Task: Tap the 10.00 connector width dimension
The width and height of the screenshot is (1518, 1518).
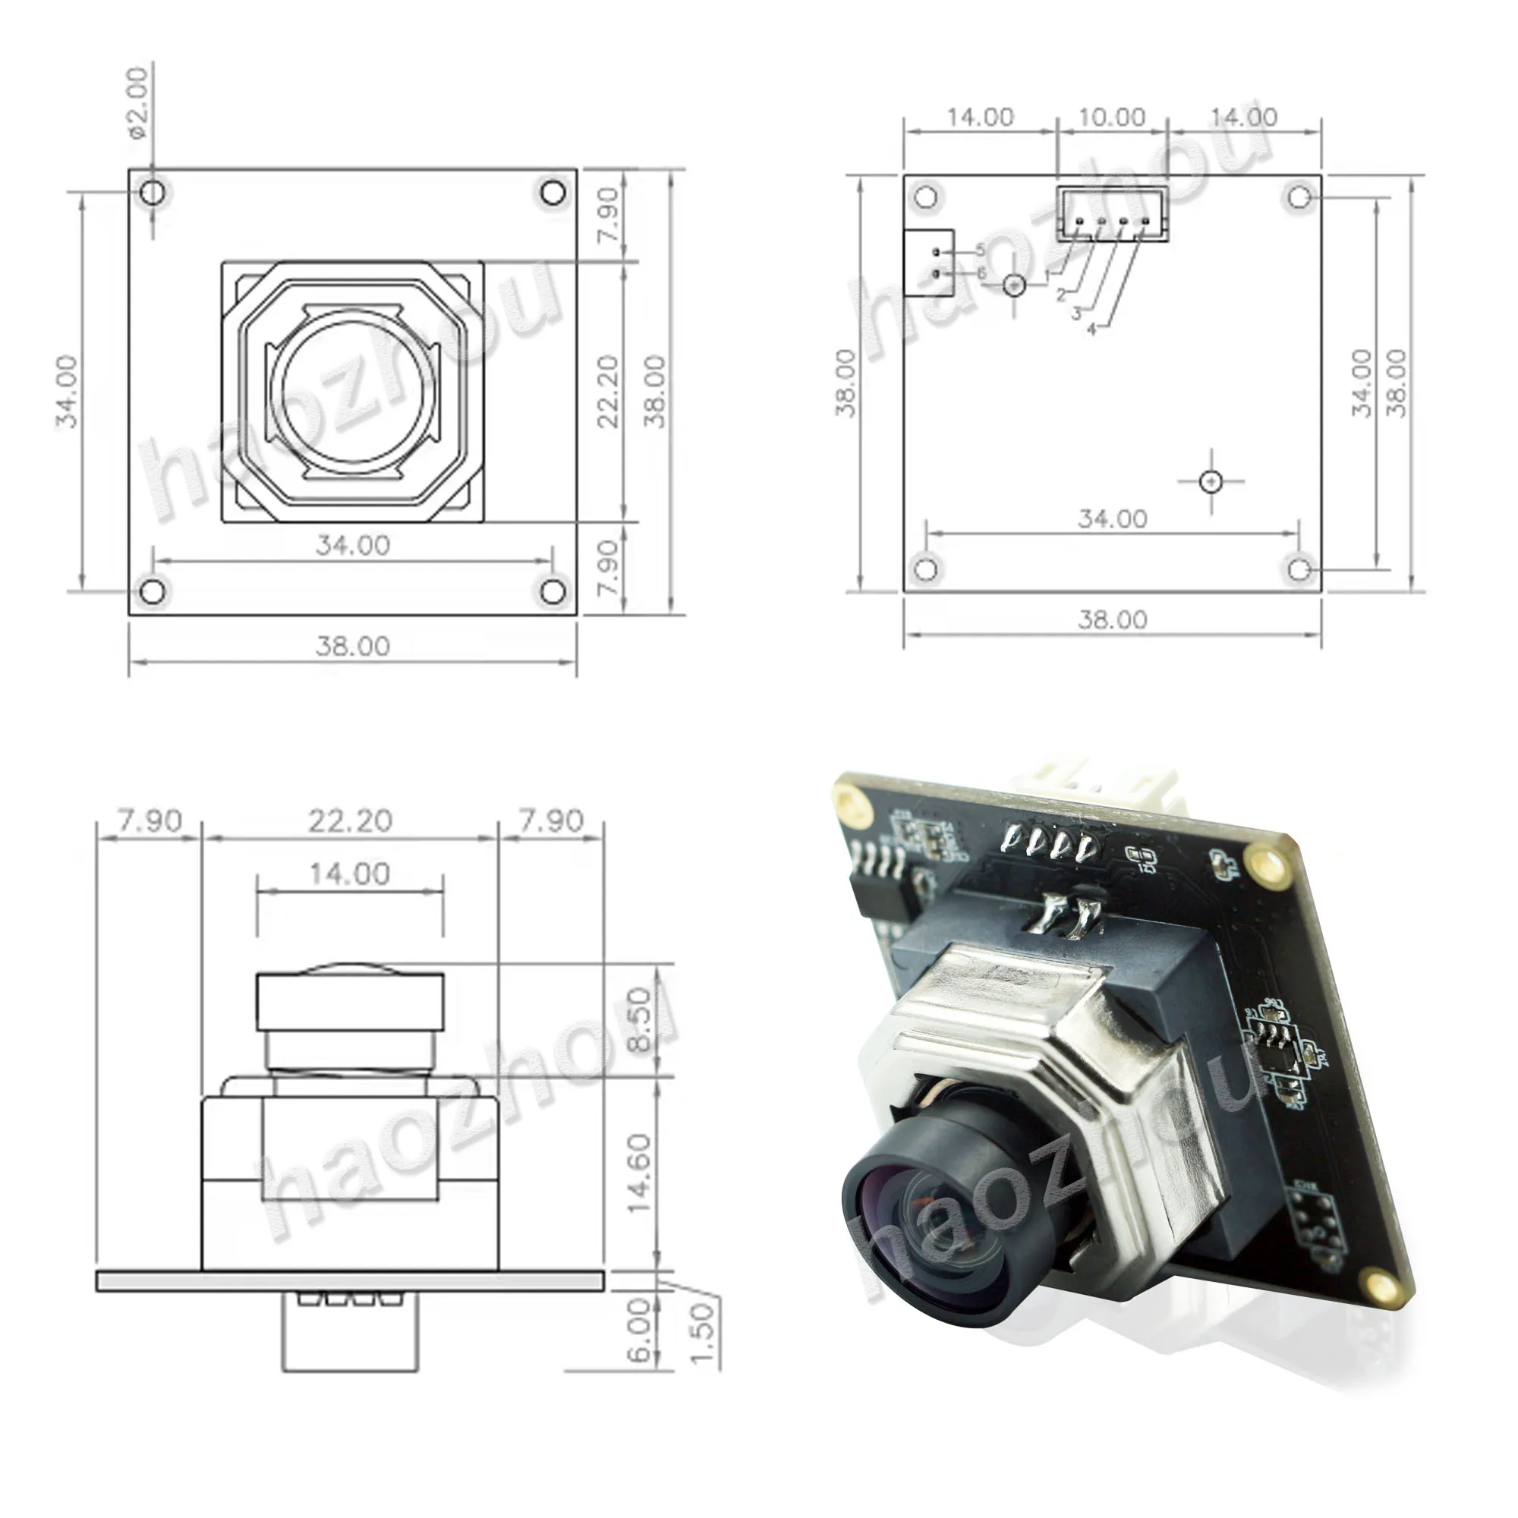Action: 1111,117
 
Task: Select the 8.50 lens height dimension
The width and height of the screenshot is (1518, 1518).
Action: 641,1019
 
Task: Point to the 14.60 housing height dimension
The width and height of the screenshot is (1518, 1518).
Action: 641,1173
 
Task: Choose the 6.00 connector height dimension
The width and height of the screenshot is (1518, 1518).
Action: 641,1331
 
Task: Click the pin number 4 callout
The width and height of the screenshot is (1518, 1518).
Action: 1091,330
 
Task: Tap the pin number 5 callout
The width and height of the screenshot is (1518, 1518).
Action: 981,250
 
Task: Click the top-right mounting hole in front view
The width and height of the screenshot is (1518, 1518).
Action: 553,192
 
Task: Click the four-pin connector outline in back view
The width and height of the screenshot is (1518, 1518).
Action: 1112,214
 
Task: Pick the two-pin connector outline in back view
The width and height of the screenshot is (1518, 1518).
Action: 928,263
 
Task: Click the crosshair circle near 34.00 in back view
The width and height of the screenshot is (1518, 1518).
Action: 1211,481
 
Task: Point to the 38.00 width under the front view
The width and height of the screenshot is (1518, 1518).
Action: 352,646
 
